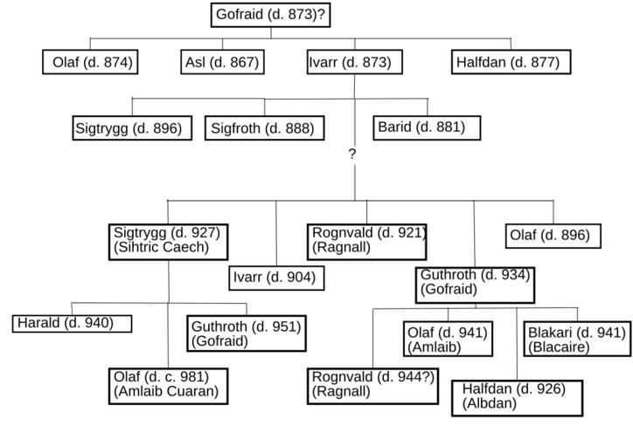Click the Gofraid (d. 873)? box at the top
click(272, 15)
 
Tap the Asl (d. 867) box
click(221, 63)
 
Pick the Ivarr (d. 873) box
click(354, 63)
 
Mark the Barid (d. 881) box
click(420, 127)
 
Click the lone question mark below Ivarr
click(352, 154)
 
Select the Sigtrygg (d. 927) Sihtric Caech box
click(169, 240)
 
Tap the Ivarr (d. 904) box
click(275, 279)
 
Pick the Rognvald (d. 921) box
click(367, 240)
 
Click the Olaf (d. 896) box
click(553, 236)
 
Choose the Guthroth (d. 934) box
click(474, 282)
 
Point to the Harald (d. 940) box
click(72, 323)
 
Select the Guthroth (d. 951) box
click(247, 334)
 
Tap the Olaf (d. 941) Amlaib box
click(448, 340)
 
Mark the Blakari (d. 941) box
click(577, 340)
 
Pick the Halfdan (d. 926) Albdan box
click(516, 396)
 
